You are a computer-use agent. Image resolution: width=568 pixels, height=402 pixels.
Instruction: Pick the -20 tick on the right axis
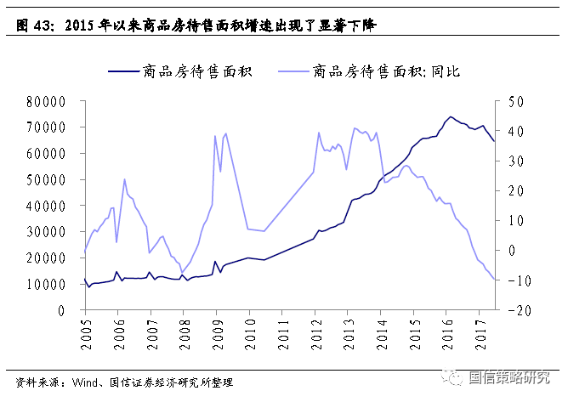coord(514,310)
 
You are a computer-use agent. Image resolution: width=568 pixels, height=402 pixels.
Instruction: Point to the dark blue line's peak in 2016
coord(451,116)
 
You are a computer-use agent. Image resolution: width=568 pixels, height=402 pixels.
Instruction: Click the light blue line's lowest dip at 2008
coord(181,274)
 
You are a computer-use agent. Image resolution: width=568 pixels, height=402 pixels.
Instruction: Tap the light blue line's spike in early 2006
coord(124,179)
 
